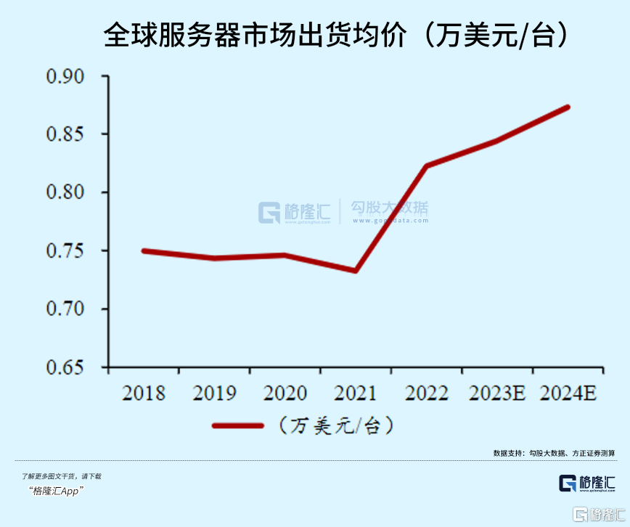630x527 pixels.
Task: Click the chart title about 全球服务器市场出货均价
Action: (335, 35)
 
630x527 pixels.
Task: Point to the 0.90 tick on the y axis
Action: (65, 76)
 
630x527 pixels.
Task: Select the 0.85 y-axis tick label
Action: (65, 134)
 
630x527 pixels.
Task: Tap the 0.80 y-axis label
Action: (65, 192)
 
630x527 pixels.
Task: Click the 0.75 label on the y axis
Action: (65, 251)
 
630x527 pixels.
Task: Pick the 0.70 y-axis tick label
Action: (65, 309)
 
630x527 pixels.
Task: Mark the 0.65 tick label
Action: (65, 367)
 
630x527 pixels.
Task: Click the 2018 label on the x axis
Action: (144, 393)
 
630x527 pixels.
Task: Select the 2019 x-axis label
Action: (214, 393)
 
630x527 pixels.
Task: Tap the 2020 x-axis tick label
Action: (285, 393)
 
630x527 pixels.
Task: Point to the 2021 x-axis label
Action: (356, 393)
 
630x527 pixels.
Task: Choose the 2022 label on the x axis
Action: (427, 393)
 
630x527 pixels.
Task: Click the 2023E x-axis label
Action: (497, 393)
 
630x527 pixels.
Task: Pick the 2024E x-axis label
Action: (568, 393)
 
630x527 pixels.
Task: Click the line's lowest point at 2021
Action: (356, 271)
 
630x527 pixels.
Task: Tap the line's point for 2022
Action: (427, 166)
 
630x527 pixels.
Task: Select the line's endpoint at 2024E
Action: (568, 107)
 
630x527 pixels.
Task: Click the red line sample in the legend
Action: (237, 425)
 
